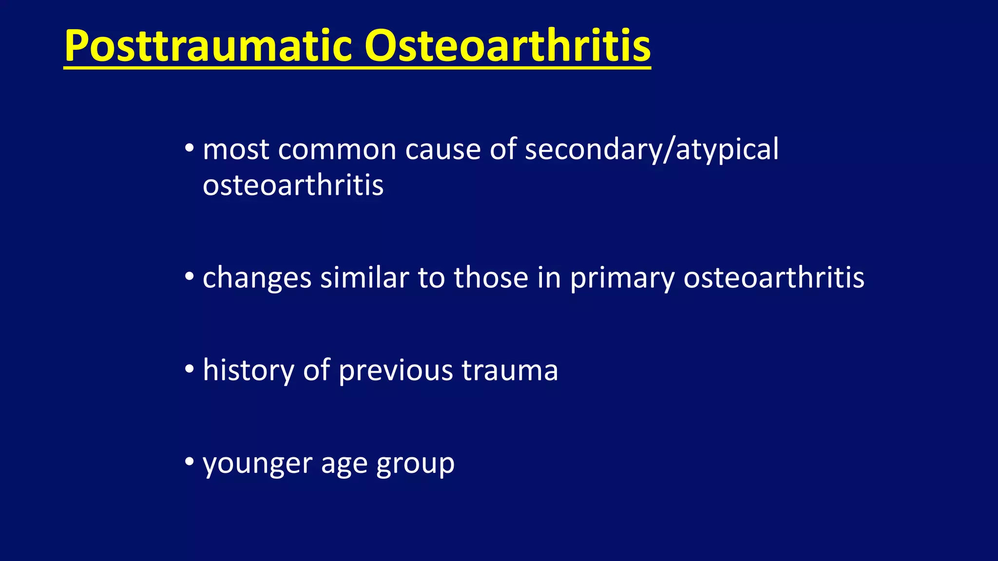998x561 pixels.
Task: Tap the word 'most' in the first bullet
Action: [x=236, y=150]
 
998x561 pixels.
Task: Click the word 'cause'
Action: [x=442, y=150]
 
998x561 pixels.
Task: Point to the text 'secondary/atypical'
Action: [x=652, y=150]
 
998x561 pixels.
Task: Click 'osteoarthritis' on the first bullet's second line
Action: [x=293, y=186]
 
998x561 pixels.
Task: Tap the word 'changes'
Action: [x=257, y=278]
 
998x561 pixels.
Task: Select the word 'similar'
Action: [x=365, y=277]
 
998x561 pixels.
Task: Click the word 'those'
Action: [x=491, y=277]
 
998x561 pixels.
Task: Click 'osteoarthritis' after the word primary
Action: [x=773, y=277]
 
